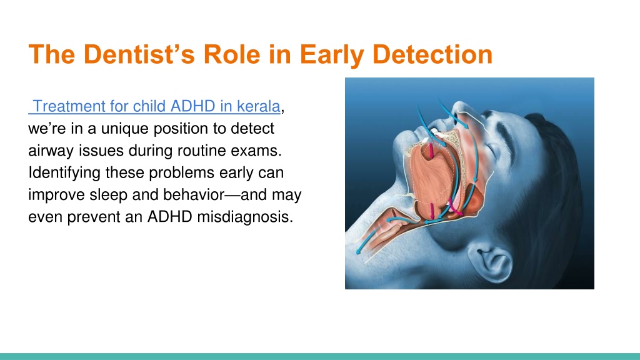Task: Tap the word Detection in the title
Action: click(432, 54)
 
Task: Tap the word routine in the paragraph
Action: click(196, 150)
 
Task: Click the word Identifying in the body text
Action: click(64, 173)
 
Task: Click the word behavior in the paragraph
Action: click(194, 194)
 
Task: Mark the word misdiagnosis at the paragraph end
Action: click(245, 217)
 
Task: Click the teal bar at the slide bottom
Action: click(320, 356)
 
